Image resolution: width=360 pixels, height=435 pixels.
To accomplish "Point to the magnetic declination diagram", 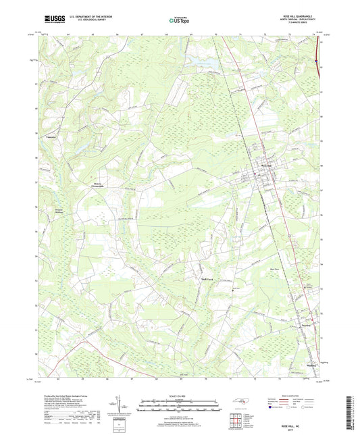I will point(124,405).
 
